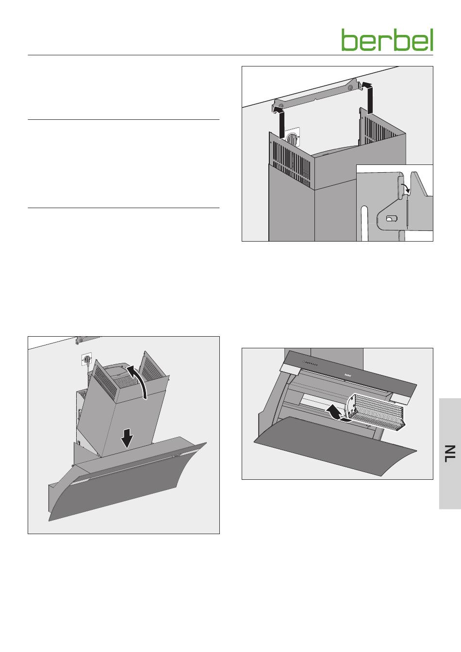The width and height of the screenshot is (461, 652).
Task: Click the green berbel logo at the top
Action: point(387,40)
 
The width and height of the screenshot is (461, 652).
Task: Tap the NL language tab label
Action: point(450,453)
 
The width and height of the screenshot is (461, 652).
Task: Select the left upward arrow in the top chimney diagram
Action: point(281,123)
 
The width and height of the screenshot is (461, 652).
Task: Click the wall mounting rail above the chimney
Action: point(316,96)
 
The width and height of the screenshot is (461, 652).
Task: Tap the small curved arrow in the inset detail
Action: point(406,187)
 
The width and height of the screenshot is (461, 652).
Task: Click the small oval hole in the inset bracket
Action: point(389,218)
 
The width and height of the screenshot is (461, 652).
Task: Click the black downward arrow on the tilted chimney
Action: point(127,439)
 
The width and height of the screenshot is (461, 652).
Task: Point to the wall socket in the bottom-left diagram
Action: point(87,360)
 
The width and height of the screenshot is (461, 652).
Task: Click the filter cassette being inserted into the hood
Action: point(375,411)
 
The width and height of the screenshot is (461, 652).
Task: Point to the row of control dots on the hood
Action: point(310,363)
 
